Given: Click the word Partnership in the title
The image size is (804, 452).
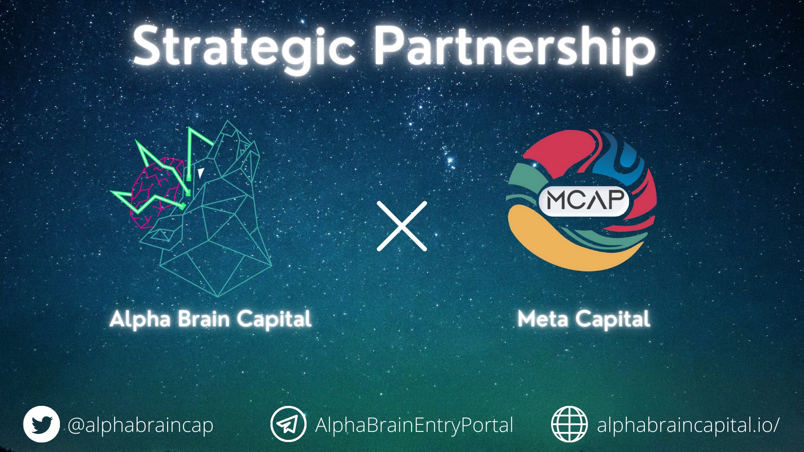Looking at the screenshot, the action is [x=514, y=49].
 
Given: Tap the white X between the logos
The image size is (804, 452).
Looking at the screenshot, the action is [x=402, y=226].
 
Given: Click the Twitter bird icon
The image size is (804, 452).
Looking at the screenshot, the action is [x=41, y=424].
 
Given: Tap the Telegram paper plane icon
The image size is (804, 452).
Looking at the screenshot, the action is [x=288, y=424].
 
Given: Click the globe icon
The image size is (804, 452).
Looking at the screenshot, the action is [x=569, y=424].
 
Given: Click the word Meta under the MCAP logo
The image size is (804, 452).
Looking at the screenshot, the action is [x=543, y=319].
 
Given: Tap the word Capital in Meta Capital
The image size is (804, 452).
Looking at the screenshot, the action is [x=613, y=320].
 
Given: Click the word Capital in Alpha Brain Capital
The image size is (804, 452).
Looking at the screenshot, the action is [x=274, y=320].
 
